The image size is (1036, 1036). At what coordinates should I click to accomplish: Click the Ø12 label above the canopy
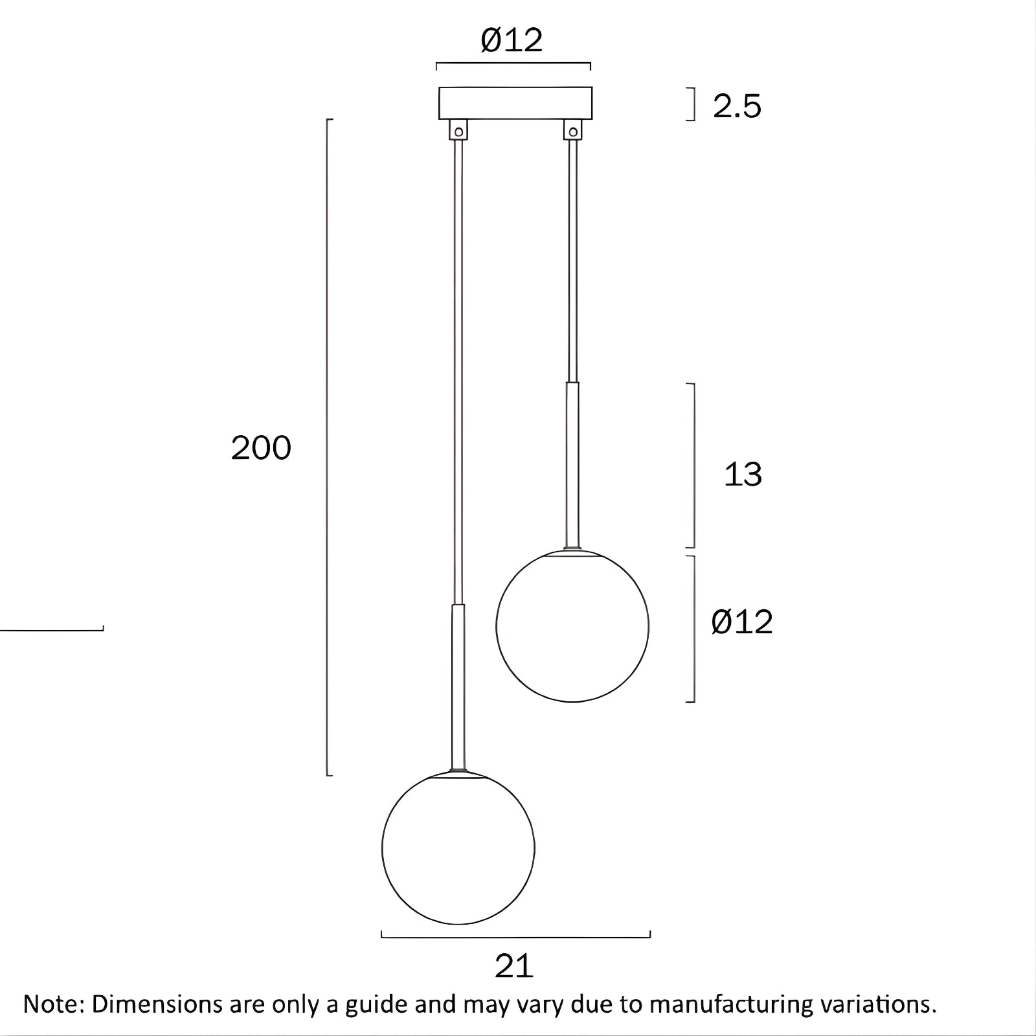[x=512, y=41]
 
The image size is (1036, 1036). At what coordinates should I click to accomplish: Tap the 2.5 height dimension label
[x=737, y=106]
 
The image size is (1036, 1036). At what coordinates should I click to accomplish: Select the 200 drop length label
[x=261, y=448]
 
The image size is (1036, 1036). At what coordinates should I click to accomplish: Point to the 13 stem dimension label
[x=742, y=475]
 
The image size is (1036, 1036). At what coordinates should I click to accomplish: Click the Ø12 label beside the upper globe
[x=742, y=622]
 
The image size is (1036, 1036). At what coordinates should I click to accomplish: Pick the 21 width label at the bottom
[x=513, y=966]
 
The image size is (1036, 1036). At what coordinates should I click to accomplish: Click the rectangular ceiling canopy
[x=515, y=103]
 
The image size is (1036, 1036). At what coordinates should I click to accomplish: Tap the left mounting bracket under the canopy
[x=459, y=129]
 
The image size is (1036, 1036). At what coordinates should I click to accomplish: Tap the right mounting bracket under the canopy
[x=572, y=129]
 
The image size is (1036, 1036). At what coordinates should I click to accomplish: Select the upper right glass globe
[x=572, y=626]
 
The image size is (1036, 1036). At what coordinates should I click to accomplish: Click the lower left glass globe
[x=458, y=848]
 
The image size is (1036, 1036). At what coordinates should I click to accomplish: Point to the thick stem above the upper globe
[x=572, y=465]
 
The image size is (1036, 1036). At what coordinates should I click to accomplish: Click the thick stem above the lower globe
[x=458, y=686]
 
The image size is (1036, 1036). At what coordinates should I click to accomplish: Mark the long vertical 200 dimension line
[x=327, y=447]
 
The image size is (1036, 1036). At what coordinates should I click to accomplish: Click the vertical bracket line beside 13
[x=694, y=465]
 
